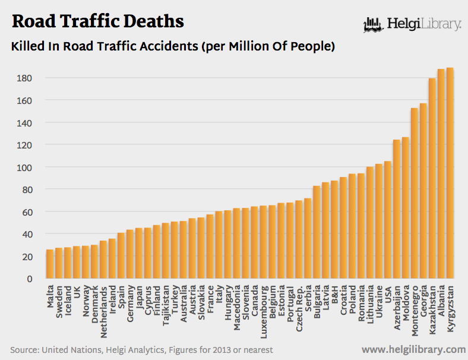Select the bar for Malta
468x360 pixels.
click(50, 264)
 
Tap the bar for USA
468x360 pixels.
click(388, 220)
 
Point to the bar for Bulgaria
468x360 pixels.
click(317, 232)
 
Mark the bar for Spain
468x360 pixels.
click(121, 255)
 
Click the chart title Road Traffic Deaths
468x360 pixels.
click(98, 22)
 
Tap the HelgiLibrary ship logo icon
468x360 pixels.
click(372, 25)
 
